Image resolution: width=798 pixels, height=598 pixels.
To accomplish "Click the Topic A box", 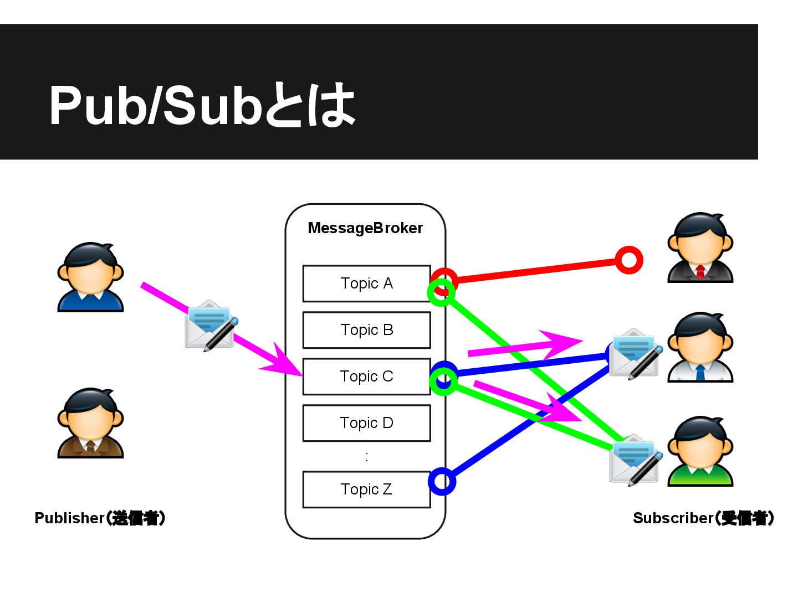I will point(366,283).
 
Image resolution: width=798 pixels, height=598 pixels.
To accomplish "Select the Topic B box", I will point(366,330).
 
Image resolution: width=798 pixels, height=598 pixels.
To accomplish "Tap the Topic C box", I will point(366,377).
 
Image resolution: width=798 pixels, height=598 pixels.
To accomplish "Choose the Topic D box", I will point(366,423).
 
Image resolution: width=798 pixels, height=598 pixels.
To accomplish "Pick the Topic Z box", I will point(366,489).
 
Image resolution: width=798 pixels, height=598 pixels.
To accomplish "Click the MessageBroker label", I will point(365,228).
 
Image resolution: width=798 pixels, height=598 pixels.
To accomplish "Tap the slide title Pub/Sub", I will point(202,105).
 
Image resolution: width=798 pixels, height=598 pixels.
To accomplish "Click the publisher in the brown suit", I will point(90,423).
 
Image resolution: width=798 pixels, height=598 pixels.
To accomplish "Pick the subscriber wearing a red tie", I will point(700,248).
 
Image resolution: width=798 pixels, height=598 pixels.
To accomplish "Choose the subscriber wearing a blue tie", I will point(700,347).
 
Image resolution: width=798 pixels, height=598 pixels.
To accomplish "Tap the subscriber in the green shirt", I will point(700,451).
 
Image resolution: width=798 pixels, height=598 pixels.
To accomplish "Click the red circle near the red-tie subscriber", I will point(629,260).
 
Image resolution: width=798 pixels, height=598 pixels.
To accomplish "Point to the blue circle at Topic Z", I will point(442,482).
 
